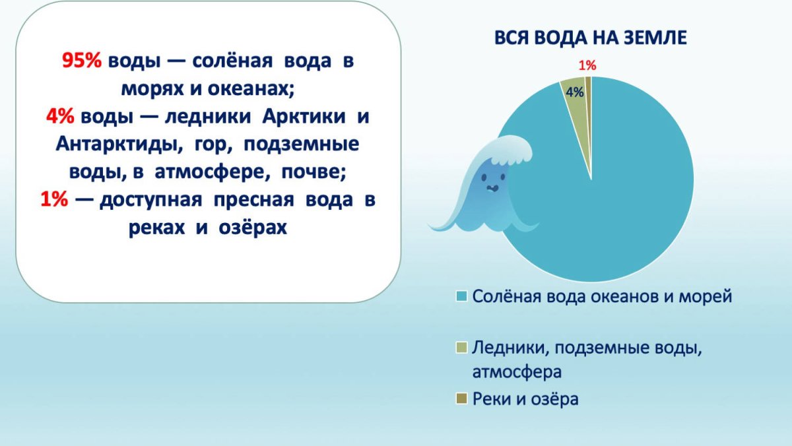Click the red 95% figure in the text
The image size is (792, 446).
(x=82, y=61)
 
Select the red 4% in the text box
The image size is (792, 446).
(x=60, y=116)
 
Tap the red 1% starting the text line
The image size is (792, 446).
(x=54, y=199)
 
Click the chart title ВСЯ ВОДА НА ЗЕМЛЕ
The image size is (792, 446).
(x=590, y=38)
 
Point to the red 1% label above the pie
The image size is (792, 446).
(x=587, y=65)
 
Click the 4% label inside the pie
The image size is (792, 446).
(x=575, y=92)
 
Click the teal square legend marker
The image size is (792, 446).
(x=462, y=296)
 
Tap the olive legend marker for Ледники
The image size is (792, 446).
(x=462, y=348)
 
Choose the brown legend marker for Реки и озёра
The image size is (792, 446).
(x=462, y=398)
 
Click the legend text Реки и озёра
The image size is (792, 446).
(x=525, y=399)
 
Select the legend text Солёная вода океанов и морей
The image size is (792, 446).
(x=602, y=296)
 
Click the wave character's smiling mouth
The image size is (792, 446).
(x=492, y=188)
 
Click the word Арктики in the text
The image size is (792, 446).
(x=304, y=116)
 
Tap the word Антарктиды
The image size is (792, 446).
(x=119, y=144)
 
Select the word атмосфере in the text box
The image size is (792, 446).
(x=211, y=172)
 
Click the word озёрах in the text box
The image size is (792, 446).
(x=253, y=228)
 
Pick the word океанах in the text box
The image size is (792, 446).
(x=251, y=88)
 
